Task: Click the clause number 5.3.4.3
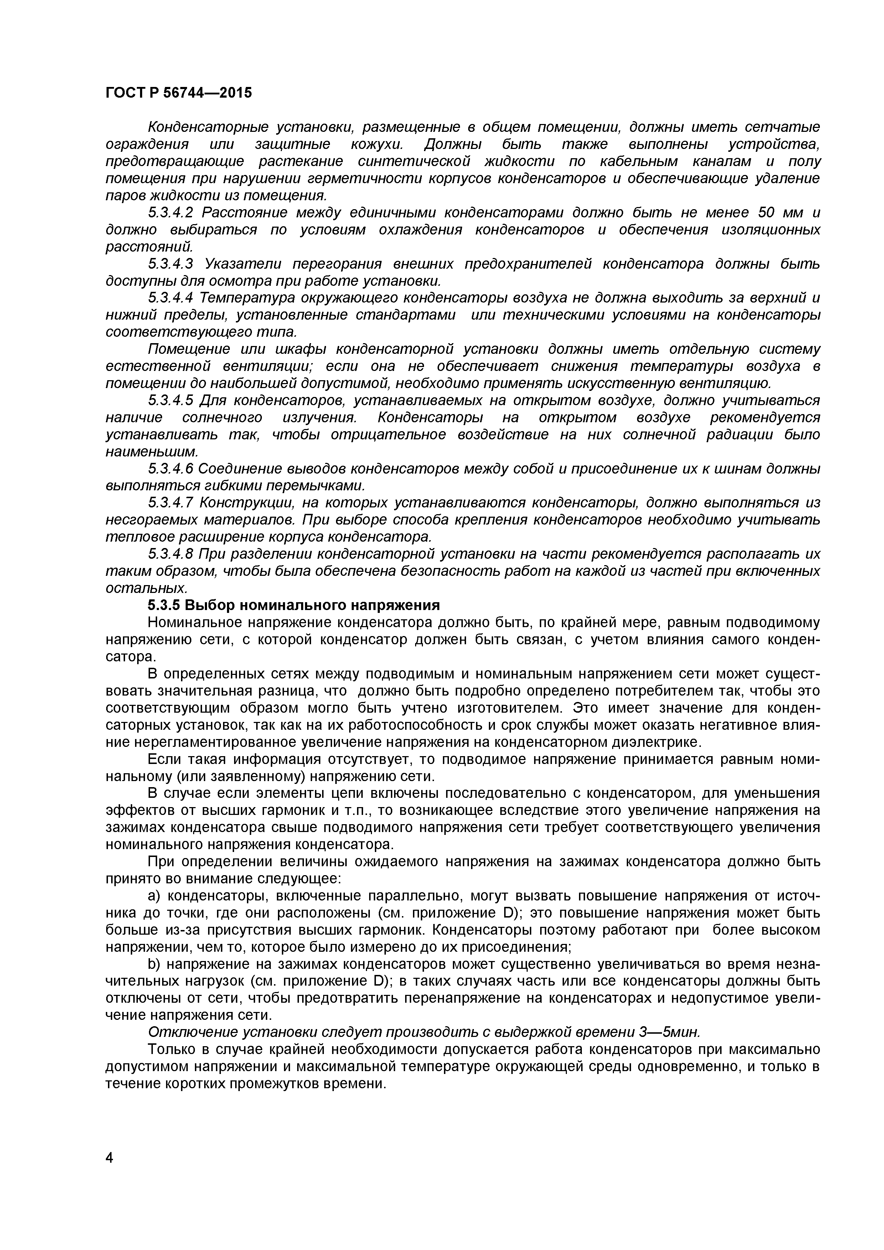point(171,264)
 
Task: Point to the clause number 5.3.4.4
point(171,298)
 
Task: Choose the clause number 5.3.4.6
point(171,469)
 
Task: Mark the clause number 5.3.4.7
point(171,502)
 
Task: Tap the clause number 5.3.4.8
point(171,554)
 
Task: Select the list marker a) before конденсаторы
point(155,895)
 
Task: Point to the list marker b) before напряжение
point(155,964)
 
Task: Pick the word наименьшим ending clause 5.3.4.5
point(152,452)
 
